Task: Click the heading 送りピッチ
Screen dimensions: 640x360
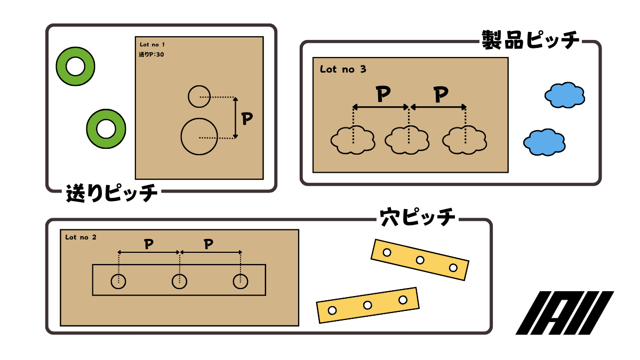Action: (x=111, y=193)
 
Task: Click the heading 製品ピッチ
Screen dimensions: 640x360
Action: (x=530, y=40)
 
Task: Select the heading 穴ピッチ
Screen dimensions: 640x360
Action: (x=418, y=218)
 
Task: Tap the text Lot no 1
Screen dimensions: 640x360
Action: (x=153, y=44)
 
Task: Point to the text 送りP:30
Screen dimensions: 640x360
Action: (x=151, y=54)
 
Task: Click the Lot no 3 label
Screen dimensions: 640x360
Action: (x=343, y=69)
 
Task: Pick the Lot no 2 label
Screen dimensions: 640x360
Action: (x=81, y=237)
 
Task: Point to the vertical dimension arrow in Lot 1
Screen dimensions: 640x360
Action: (x=235, y=118)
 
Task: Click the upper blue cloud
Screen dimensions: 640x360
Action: (x=565, y=95)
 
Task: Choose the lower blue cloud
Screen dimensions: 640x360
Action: (x=545, y=142)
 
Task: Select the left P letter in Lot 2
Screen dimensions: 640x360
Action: (x=149, y=244)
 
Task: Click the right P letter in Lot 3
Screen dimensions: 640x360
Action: (x=441, y=94)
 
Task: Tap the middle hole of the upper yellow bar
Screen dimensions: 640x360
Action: (x=420, y=260)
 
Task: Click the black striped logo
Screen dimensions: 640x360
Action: (x=565, y=313)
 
